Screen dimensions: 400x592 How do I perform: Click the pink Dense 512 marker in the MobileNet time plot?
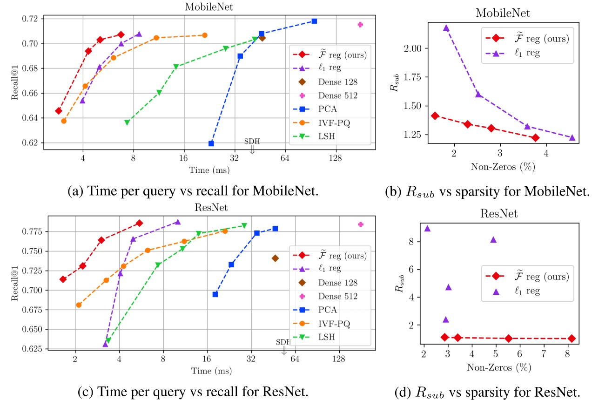point(360,24)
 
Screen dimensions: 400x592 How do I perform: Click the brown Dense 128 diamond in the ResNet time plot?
point(275,258)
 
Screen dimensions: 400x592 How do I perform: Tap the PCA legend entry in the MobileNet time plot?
point(328,109)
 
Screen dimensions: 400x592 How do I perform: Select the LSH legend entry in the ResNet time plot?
point(329,336)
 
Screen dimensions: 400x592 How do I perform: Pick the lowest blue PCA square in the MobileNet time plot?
point(211,143)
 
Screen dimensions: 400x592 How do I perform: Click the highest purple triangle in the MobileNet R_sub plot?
point(446,28)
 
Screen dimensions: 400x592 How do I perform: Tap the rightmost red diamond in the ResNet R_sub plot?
point(572,339)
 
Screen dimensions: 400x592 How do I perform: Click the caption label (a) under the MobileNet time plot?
point(74,191)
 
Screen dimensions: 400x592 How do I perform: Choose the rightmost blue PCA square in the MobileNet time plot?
point(314,21)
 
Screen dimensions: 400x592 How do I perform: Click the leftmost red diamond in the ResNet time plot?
point(63,279)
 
